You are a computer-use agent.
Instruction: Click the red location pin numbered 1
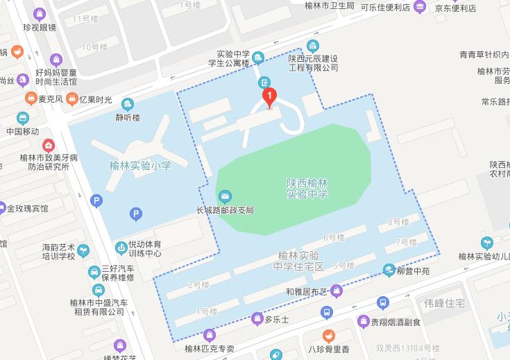(x=269, y=97)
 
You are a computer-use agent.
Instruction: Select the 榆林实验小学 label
(x=140, y=166)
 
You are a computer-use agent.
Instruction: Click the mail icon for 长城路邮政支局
(x=225, y=197)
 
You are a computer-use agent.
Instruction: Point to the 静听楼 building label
(x=127, y=118)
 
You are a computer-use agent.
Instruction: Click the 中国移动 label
(x=22, y=132)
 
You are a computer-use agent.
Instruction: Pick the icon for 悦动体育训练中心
(x=121, y=246)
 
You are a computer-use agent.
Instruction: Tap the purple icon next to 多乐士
(x=257, y=320)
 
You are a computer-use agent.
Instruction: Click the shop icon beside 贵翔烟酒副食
(x=364, y=321)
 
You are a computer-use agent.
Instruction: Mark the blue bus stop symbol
(x=382, y=302)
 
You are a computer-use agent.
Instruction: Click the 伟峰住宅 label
(x=445, y=303)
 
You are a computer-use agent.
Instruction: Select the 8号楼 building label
(x=398, y=222)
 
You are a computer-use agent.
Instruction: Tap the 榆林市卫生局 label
(x=330, y=6)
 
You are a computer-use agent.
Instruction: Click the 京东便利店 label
(x=455, y=8)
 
